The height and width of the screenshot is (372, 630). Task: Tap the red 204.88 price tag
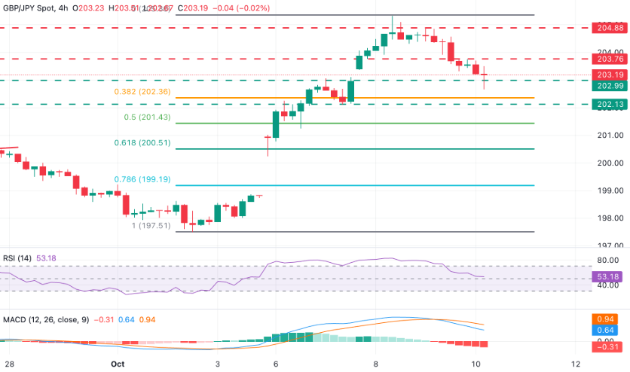607,28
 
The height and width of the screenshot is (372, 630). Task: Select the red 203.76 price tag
607,59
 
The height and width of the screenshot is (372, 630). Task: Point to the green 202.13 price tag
607,105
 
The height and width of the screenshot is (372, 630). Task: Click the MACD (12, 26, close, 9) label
44,319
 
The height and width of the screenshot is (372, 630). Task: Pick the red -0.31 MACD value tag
607,347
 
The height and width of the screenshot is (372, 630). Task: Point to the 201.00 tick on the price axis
607,135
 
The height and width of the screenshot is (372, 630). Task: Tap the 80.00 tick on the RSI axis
607,260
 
